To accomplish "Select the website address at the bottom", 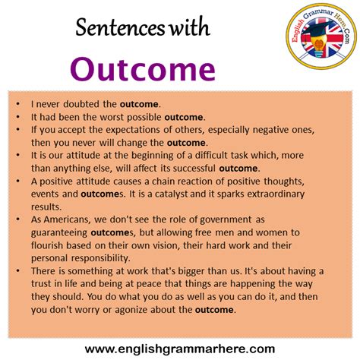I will tap(180, 349).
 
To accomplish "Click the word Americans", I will tap(68, 219).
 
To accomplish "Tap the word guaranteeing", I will tap(61, 232).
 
